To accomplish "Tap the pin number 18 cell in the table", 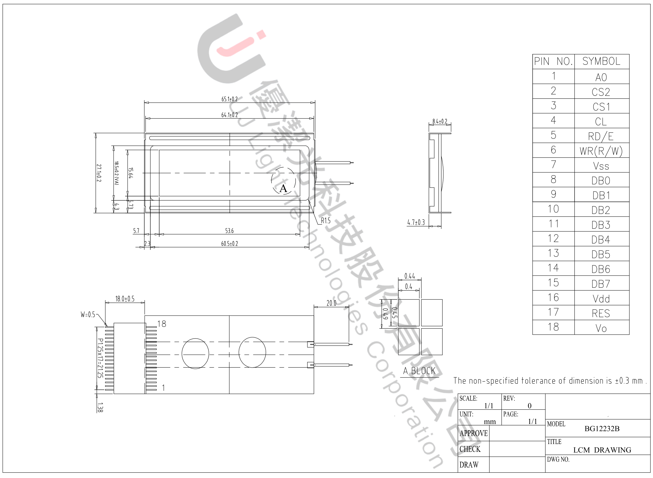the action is click(x=553, y=327).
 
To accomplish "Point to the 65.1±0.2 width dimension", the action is click(x=230, y=99).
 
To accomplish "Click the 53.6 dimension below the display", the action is click(x=229, y=231).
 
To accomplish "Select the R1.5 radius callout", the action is click(x=326, y=221).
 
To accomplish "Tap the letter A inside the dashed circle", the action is click(x=283, y=189).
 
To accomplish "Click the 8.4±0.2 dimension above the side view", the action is click(x=440, y=122).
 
